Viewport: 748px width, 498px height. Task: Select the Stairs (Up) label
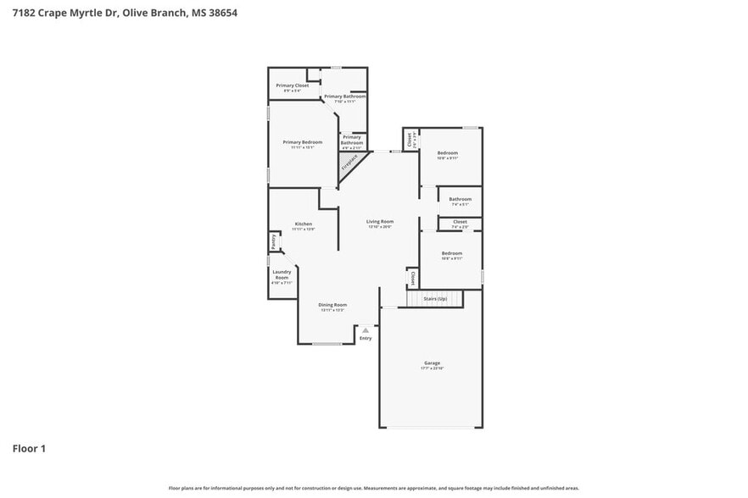435,299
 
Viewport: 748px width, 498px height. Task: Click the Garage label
433,363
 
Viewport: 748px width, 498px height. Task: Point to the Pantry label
274,241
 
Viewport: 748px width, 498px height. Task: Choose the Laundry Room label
282,274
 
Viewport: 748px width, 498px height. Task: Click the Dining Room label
332,305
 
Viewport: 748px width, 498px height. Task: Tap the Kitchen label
303,224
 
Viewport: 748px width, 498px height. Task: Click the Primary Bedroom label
302,142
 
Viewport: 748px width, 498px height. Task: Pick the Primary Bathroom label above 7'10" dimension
345,97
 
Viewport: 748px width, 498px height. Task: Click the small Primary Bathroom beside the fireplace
351,140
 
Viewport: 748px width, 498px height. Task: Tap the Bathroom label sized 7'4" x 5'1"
461,199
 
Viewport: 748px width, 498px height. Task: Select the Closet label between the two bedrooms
460,222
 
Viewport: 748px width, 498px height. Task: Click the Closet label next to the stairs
412,277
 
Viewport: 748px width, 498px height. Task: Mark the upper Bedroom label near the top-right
447,153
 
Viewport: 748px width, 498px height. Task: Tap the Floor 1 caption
29,448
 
